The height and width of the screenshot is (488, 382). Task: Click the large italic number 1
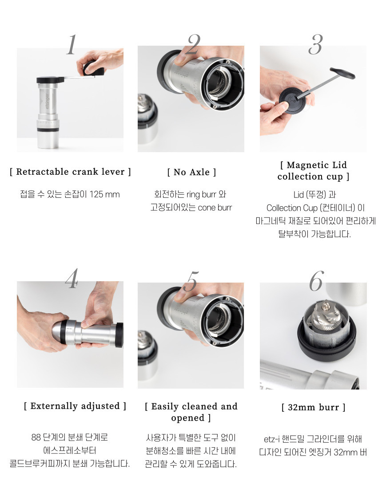pyautogui.click(x=72, y=44)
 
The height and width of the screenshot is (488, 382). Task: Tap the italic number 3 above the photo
pyautogui.click(x=316, y=44)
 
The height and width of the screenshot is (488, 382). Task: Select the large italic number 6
pyautogui.click(x=317, y=281)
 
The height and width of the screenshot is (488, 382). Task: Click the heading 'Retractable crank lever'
pyautogui.click(x=71, y=172)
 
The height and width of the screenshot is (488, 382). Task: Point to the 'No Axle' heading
pyautogui.click(x=191, y=172)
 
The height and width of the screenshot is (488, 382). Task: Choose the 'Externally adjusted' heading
pyautogui.click(x=75, y=406)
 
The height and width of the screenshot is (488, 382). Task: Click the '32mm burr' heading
pyautogui.click(x=314, y=407)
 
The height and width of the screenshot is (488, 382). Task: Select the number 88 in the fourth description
pyautogui.click(x=36, y=437)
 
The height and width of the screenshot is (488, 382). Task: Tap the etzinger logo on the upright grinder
pyautogui.click(x=46, y=102)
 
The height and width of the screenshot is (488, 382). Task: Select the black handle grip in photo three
pyautogui.click(x=342, y=73)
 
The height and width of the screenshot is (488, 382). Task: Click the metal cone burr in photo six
pyautogui.click(x=326, y=315)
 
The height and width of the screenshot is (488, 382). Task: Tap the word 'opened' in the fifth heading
pyautogui.click(x=188, y=418)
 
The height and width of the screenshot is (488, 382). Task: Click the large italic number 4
pyautogui.click(x=72, y=279)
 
